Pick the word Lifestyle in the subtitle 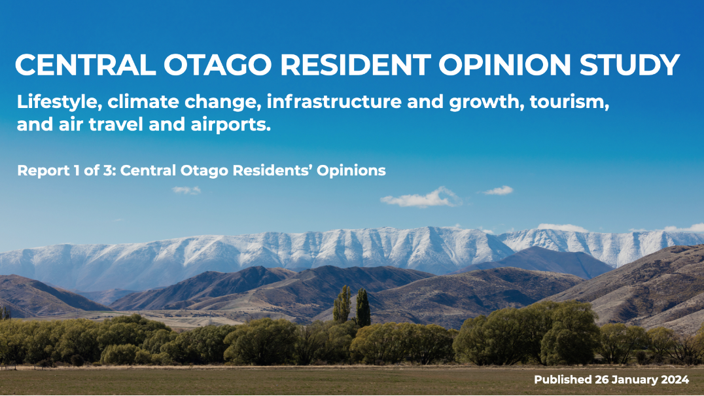tap(58, 103)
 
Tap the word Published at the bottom tap(563, 380)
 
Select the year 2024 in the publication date tap(672, 380)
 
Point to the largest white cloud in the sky tap(420, 198)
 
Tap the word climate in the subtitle tap(139, 103)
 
